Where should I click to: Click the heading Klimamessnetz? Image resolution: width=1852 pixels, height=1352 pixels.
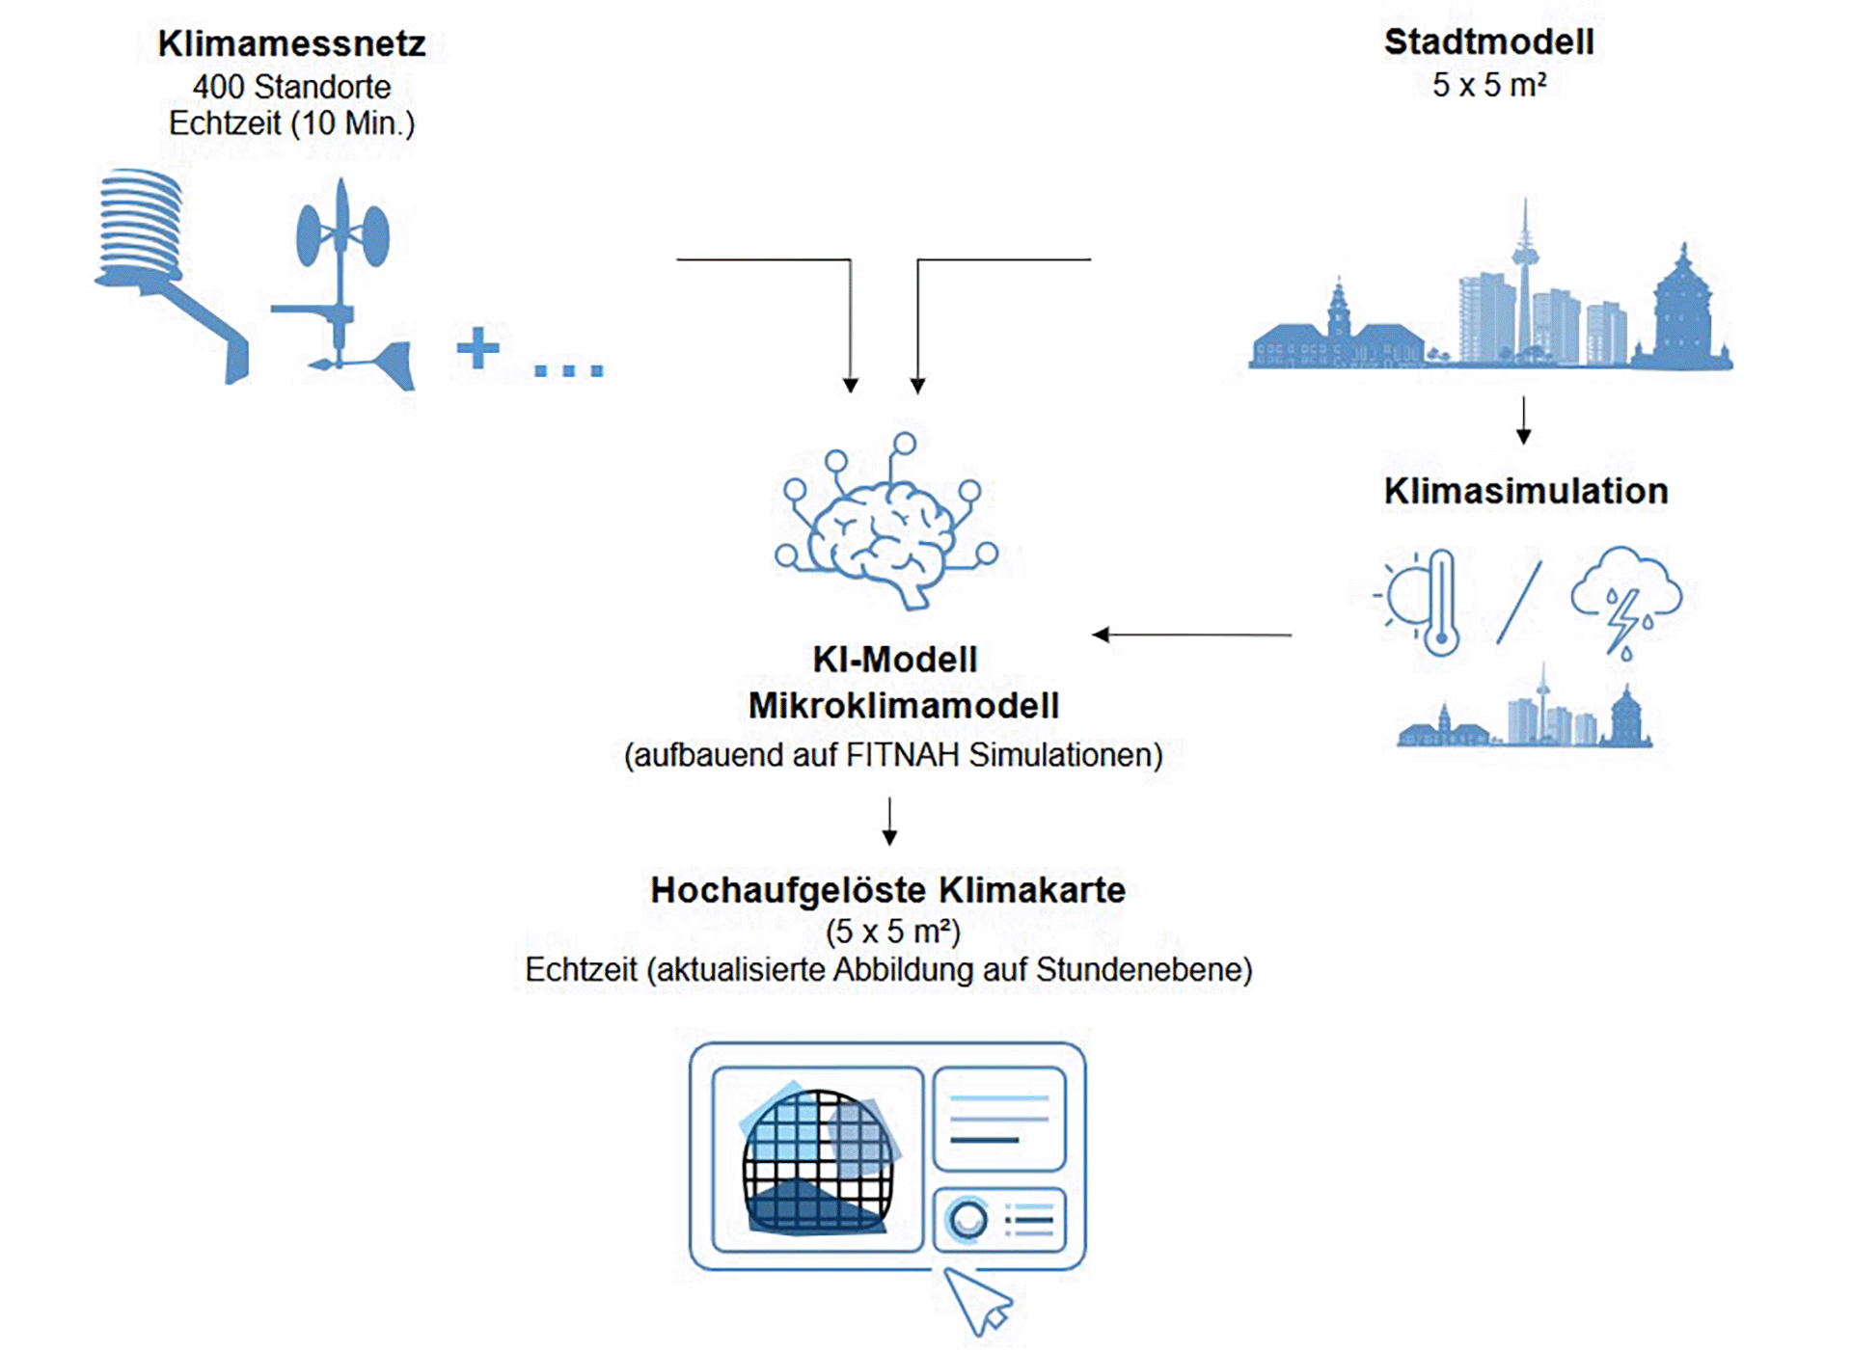(x=291, y=44)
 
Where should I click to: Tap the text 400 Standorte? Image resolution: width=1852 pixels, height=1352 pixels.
(x=291, y=87)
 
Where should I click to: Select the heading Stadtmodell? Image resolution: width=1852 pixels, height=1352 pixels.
(x=1488, y=42)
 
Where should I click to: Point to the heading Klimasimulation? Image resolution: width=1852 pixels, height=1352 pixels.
(x=1525, y=491)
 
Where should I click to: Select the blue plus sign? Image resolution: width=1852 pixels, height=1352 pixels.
(x=477, y=348)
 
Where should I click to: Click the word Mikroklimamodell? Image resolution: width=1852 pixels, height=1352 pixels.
(x=903, y=706)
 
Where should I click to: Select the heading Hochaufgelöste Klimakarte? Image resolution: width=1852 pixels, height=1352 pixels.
(x=887, y=890)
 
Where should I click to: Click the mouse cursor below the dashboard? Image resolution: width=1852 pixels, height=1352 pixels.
(x=977, y=1299)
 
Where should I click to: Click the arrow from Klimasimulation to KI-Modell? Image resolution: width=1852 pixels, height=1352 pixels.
(x=1192, y=635)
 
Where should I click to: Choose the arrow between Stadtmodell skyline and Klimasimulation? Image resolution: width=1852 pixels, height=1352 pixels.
(x=1524, y=419)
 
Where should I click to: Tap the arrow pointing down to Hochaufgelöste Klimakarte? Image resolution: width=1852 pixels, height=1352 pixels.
(x=889, y=822)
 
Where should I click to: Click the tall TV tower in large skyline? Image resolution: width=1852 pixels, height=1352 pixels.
(x=1525, y=270)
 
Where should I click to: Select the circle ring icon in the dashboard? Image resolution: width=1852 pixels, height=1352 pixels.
(x=967, y=1220)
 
